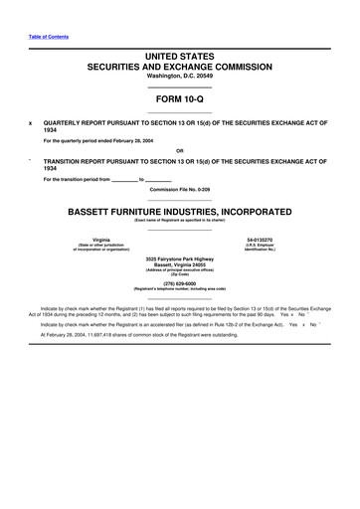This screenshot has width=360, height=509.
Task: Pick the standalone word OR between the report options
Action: pos(179,150)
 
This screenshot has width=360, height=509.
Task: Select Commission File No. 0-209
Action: pos(179,187)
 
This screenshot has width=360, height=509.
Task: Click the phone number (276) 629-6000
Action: pos(179,282)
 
